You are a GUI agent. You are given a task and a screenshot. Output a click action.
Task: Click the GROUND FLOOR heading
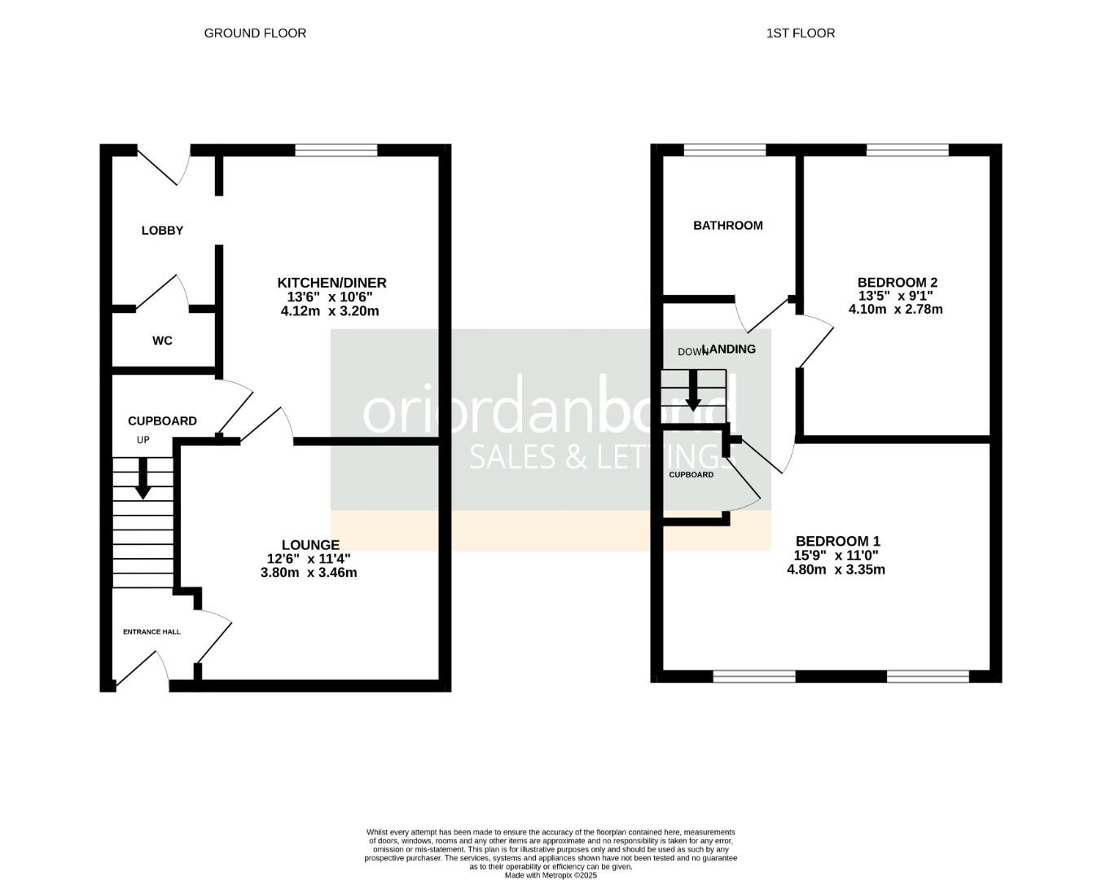pyautogui.click(x=255, y=33)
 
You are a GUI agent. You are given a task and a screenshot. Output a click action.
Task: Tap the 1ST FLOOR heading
pyautogui.click(x=800, y=33)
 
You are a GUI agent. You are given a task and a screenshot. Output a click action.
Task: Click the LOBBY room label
pyautogui.click(x=162, y=231)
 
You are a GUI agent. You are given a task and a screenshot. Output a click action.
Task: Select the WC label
pyautogui.click(x=162, y=341)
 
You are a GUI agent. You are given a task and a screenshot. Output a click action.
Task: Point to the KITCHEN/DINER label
pyautogui.click(x=331, y=283)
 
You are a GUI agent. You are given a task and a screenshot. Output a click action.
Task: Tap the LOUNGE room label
pyautogui.click(x=310, y=545)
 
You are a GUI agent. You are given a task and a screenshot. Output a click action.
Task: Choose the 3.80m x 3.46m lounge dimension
pyautogui.click(x=309, y=573)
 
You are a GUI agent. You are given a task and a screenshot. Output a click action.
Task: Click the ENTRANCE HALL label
pyautogui.click(x=151, y=631)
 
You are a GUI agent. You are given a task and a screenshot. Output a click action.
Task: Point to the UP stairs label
pyautogui.click(x=143, y=440)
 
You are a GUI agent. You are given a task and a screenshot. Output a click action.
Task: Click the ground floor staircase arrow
pyautogui.click(x=143, y=480)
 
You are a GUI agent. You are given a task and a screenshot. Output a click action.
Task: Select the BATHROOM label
pyautogui.click(x=727, y=226)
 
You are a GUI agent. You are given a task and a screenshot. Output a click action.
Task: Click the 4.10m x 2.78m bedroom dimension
pyautogui.click(x=895, y=310)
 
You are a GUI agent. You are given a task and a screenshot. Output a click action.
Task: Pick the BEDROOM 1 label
pyautogui.click(x=837, y=541)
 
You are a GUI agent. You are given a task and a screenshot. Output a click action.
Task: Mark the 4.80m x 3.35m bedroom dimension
pyautogui.click(x=836, y=570)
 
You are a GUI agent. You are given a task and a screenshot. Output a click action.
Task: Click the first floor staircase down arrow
pyautogui.click(x=693, y=391)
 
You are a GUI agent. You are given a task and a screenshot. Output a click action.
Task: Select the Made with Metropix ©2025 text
pyautogui.click(x=551, y=875)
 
